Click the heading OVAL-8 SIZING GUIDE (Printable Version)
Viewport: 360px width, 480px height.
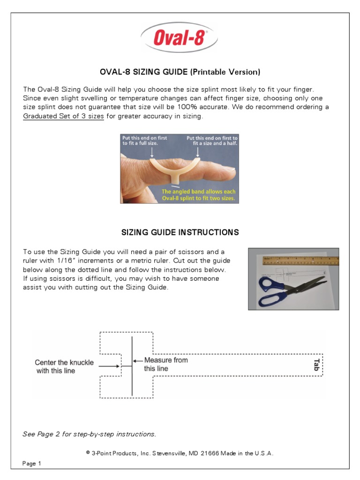[180, 72]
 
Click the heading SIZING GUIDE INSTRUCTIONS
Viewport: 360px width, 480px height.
[180, 232]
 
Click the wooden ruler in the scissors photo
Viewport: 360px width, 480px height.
[300, 260]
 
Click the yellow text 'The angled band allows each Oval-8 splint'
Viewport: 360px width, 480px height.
[198, 195]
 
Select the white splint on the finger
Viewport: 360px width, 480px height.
[173, 169]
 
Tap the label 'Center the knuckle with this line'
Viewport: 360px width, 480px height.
[64, 367]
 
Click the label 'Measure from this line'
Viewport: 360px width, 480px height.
[165, 364]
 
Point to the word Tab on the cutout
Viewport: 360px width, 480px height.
[316, 365]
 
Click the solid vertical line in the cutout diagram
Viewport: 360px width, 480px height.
[132, 366]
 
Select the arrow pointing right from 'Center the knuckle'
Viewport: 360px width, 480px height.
[110, 366]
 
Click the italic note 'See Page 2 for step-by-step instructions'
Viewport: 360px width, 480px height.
[89, 434]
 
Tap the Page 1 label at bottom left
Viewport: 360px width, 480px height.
[32, 464]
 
